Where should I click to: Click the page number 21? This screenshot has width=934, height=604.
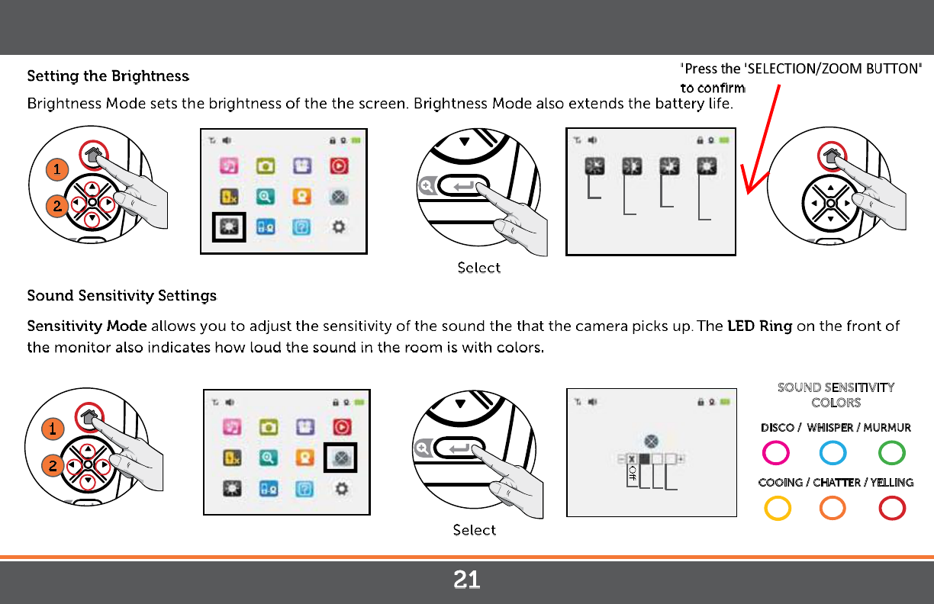(466, 580)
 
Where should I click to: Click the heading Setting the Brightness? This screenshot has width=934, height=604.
(108, 76)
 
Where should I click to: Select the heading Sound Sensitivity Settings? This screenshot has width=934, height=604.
(122, 296)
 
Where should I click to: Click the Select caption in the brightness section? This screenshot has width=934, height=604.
(478, 268)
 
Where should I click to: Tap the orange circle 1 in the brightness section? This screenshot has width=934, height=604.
(57, 169)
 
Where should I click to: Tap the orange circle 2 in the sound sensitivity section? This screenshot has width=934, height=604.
(53, 465)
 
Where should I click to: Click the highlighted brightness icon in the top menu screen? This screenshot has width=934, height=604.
(229, 227)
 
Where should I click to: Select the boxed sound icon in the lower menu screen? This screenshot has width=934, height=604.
(340, 458)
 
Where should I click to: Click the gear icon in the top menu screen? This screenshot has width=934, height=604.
(339, 227)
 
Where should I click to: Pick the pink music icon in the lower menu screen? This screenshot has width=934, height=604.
(232, 427)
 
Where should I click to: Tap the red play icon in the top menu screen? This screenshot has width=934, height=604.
(339, 166)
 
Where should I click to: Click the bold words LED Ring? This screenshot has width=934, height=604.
(759, 326)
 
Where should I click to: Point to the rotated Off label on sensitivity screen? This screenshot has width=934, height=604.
(632, 473)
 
